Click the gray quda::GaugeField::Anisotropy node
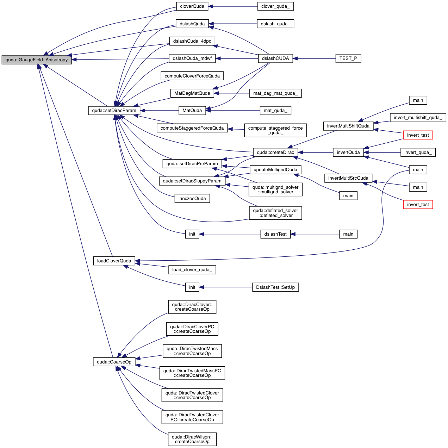tap(37, 60)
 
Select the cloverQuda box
tap(192, 6)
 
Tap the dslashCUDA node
tap(275, 58)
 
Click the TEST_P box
tap(348, 58)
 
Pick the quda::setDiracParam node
tap(114, 111)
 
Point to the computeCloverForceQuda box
tap(192, 76)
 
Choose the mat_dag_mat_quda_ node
tap(275, 93)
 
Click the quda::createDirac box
tap(275, 153)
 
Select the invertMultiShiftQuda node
tap(348, 126)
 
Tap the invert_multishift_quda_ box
tap(418, 118)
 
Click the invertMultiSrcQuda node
tap(348, 178)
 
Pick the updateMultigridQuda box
tap(275, 170)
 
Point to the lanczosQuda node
tap(192, 199)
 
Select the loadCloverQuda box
tap(114, 261)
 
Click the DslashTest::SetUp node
tap(275, 287)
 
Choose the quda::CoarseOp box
tap(114, 362)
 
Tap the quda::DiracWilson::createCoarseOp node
tap(192, 439)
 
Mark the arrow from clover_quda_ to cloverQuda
tap(233, 6)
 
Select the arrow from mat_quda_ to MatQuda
tap(233, 111)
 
